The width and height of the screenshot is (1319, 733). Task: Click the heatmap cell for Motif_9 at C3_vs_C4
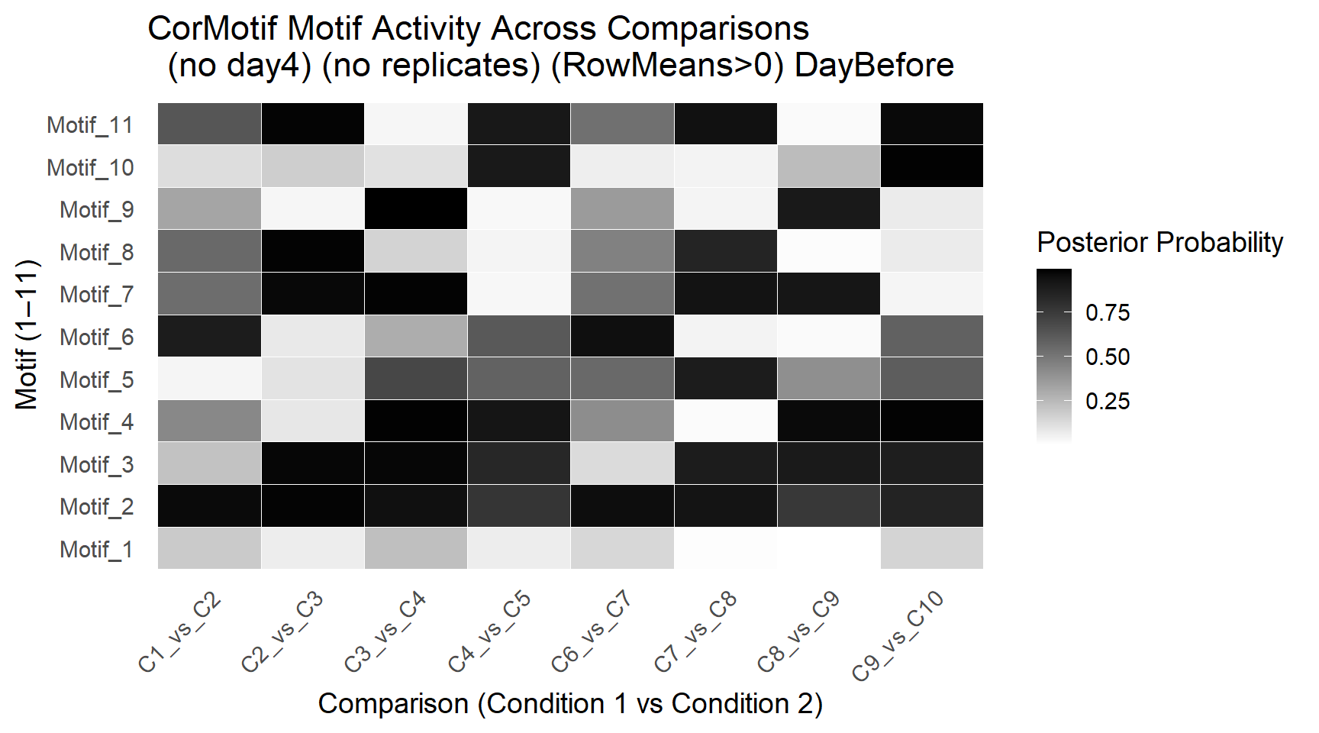pyautogui.click(x=416, y=208)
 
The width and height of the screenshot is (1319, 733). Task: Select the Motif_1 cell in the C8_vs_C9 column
pyautogui.click(x=828, y=548)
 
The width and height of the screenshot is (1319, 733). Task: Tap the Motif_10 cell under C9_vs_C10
pyautogui.click(x=932, y=166)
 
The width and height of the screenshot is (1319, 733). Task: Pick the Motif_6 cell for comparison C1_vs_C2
pyautogui.click(x=210, y=336)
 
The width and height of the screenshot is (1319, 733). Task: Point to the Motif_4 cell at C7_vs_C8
pyautogui.click(x=725, y=421)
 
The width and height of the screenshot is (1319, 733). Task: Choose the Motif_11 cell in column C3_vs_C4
pyautogui.click(x=416, y=124)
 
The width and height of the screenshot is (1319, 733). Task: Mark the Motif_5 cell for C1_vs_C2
pyautogui.click(x=210, y=379)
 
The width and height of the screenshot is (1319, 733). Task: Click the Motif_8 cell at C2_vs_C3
pyautogui.click(x=313, y=251)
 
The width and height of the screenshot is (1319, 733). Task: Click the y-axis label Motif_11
pyautogui.click(x=90, y=124)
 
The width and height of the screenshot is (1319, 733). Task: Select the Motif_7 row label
pyautogui.click(x=97, y=294)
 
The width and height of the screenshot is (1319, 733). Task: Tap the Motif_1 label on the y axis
pyautogui.click(x=97, y=549)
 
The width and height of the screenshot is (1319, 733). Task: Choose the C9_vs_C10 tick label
pyautogui.click(x=898, y=635)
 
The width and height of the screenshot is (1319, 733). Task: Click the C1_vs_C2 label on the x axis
pyautogui.click(x=180, y=632)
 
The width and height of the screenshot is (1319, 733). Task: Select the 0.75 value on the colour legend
pyautogui.click(x=1108, y=312)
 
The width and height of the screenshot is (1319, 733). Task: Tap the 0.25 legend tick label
pyautogui.click(x=1108, y=401)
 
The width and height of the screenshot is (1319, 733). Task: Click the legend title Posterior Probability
pyautogui.click(x=1160, y=242)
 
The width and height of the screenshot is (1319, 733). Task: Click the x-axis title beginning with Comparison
pyautogui.click(x=570, y=703)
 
